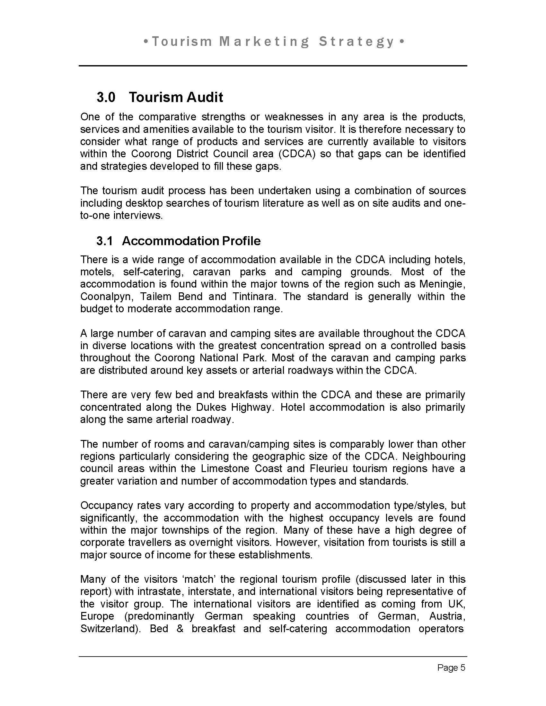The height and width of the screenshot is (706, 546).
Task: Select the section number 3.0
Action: coord(106,97)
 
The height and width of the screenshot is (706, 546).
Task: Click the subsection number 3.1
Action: coord(104,241)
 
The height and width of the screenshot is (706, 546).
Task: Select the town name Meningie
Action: coord(442,284)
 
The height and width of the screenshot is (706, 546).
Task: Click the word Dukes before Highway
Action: coord(208,407)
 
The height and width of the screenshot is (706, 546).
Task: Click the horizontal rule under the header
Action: coord(273,66)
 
